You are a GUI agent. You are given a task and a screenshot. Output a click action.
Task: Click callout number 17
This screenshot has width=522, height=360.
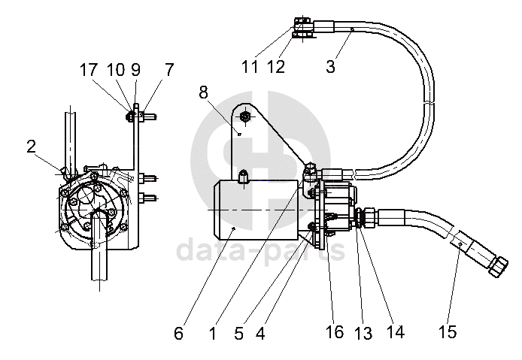pos(88,70)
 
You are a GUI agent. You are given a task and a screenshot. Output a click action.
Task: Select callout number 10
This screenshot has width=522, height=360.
pos(116,70)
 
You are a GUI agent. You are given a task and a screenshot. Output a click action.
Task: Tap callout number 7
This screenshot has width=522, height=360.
pos(169,70)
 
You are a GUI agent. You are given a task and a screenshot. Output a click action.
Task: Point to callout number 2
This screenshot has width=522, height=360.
pos(32,147)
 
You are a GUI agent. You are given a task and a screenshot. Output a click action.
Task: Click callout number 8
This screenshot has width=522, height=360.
pos(203,92)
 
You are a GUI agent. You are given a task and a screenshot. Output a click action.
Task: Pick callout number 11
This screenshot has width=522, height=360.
pos(250,67)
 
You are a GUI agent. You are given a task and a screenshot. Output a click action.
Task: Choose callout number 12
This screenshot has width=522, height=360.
pos(276,67)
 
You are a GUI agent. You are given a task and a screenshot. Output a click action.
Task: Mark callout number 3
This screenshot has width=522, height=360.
pos(330,66)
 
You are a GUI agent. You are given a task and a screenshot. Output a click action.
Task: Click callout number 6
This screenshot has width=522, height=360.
pos(179,333)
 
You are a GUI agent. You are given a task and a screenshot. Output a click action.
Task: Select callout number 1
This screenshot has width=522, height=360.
pos(213,333)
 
